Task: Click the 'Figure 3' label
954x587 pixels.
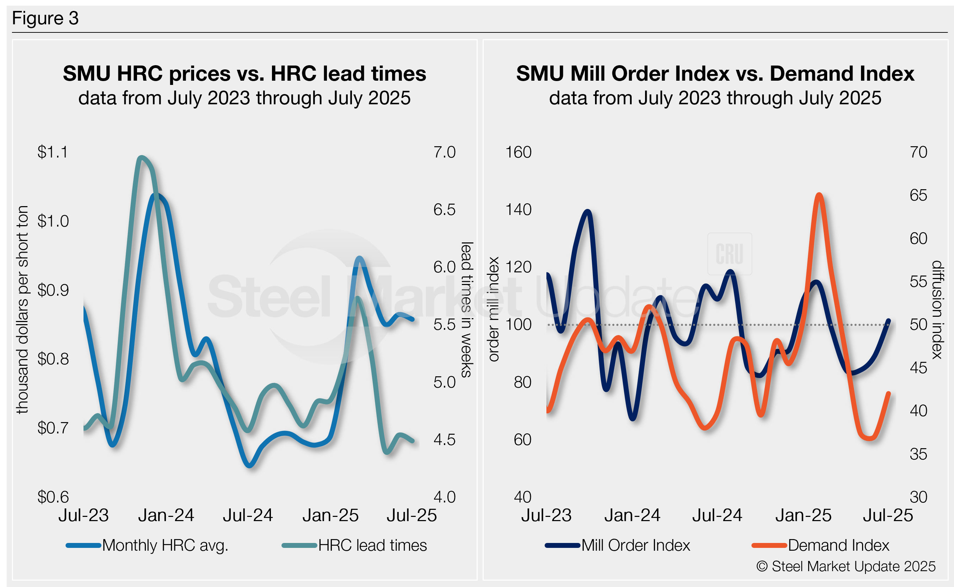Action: (45, 18)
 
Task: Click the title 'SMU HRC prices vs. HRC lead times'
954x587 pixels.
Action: (244, 73)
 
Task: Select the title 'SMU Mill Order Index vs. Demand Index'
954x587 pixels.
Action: (714, 73)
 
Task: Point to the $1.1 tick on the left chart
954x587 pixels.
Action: (52, 152)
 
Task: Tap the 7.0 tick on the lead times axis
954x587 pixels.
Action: (444, 152)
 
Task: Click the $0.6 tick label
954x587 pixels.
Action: (52, 497)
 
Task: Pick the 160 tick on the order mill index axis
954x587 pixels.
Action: (518, 152)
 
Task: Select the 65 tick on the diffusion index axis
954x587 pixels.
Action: (918, 195)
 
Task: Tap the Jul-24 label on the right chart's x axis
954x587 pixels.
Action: (717, 515)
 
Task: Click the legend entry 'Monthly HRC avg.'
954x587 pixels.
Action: (165, 545)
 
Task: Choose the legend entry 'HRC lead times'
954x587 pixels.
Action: (372, 545)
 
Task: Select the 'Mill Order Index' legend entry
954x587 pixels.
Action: (635, 545)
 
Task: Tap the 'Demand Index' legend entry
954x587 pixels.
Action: (838, 545)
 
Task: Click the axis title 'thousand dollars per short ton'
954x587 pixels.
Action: (22, 309)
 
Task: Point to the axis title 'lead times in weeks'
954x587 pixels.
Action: (466, 309)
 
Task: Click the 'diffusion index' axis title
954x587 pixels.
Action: (937, 309)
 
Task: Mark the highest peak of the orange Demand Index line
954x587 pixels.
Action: (819, 194)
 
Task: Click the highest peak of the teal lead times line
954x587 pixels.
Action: (141, 157)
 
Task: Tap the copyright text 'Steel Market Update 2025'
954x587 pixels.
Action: (853, 567)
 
